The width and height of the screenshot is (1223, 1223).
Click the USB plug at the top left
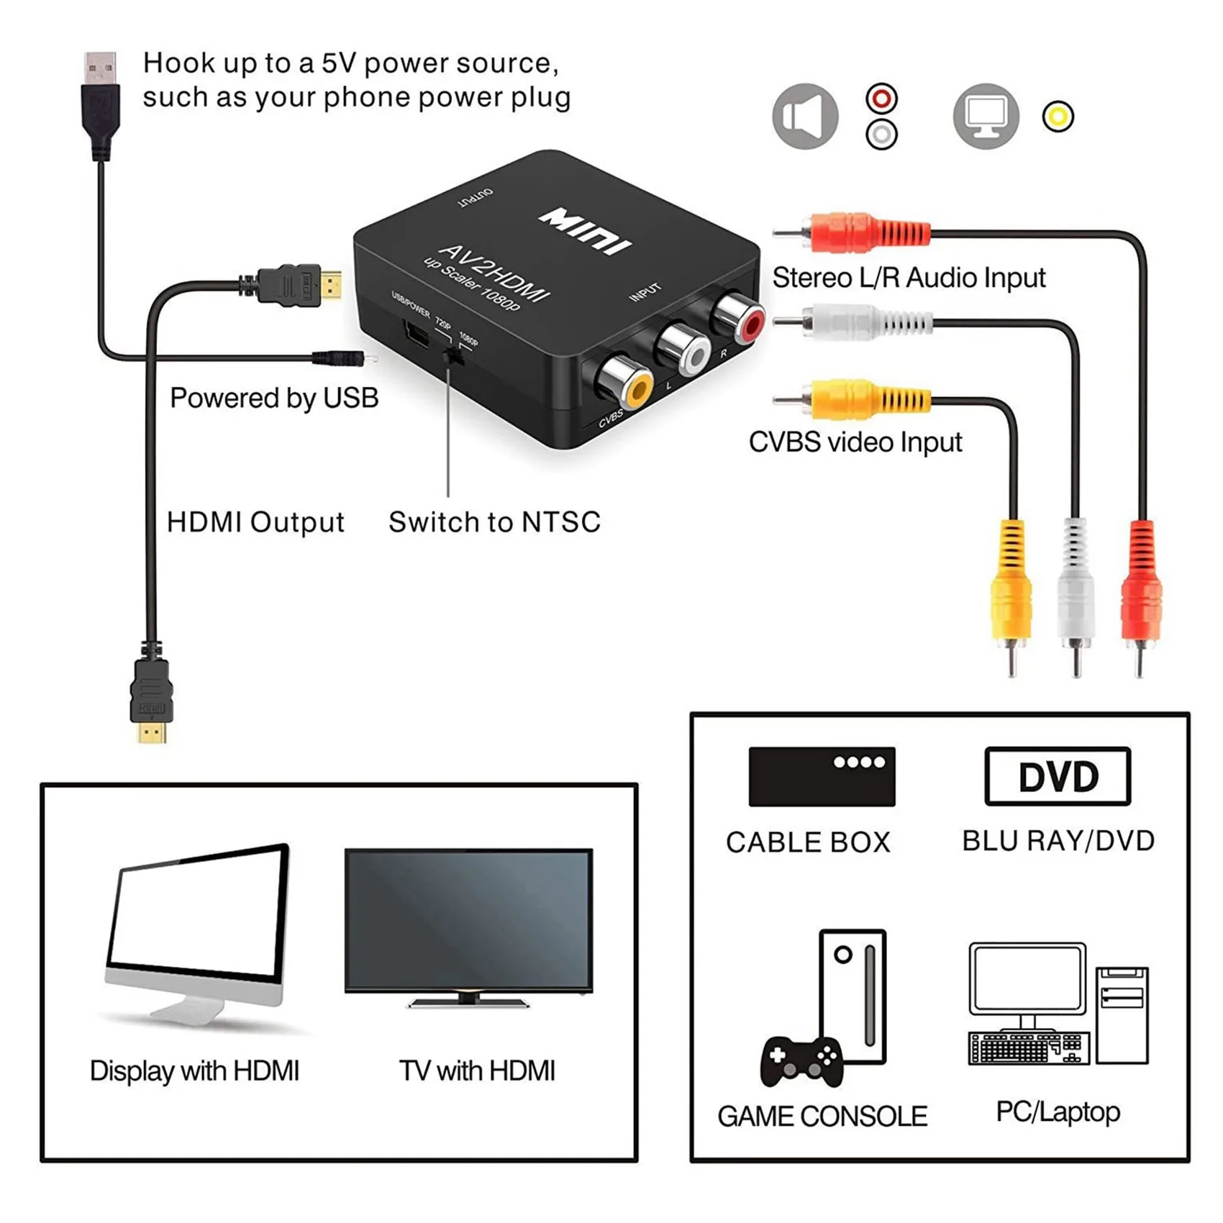100,101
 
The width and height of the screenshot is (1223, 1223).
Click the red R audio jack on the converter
740,318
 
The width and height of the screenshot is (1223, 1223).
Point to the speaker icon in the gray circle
804,117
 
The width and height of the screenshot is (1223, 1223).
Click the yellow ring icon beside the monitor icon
1058,117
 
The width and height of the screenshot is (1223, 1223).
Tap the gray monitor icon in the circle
986,117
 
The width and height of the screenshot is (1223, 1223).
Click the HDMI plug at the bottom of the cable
152,701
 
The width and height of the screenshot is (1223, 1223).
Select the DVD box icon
1058,776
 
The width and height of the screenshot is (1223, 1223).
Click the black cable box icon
822,776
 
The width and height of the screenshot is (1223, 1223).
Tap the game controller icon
802,1060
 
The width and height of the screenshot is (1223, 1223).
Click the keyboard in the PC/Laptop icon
1027,1048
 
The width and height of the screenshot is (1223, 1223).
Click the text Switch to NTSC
494,522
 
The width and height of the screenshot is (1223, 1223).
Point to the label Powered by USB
274,398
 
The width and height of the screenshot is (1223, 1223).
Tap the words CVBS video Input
855,442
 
